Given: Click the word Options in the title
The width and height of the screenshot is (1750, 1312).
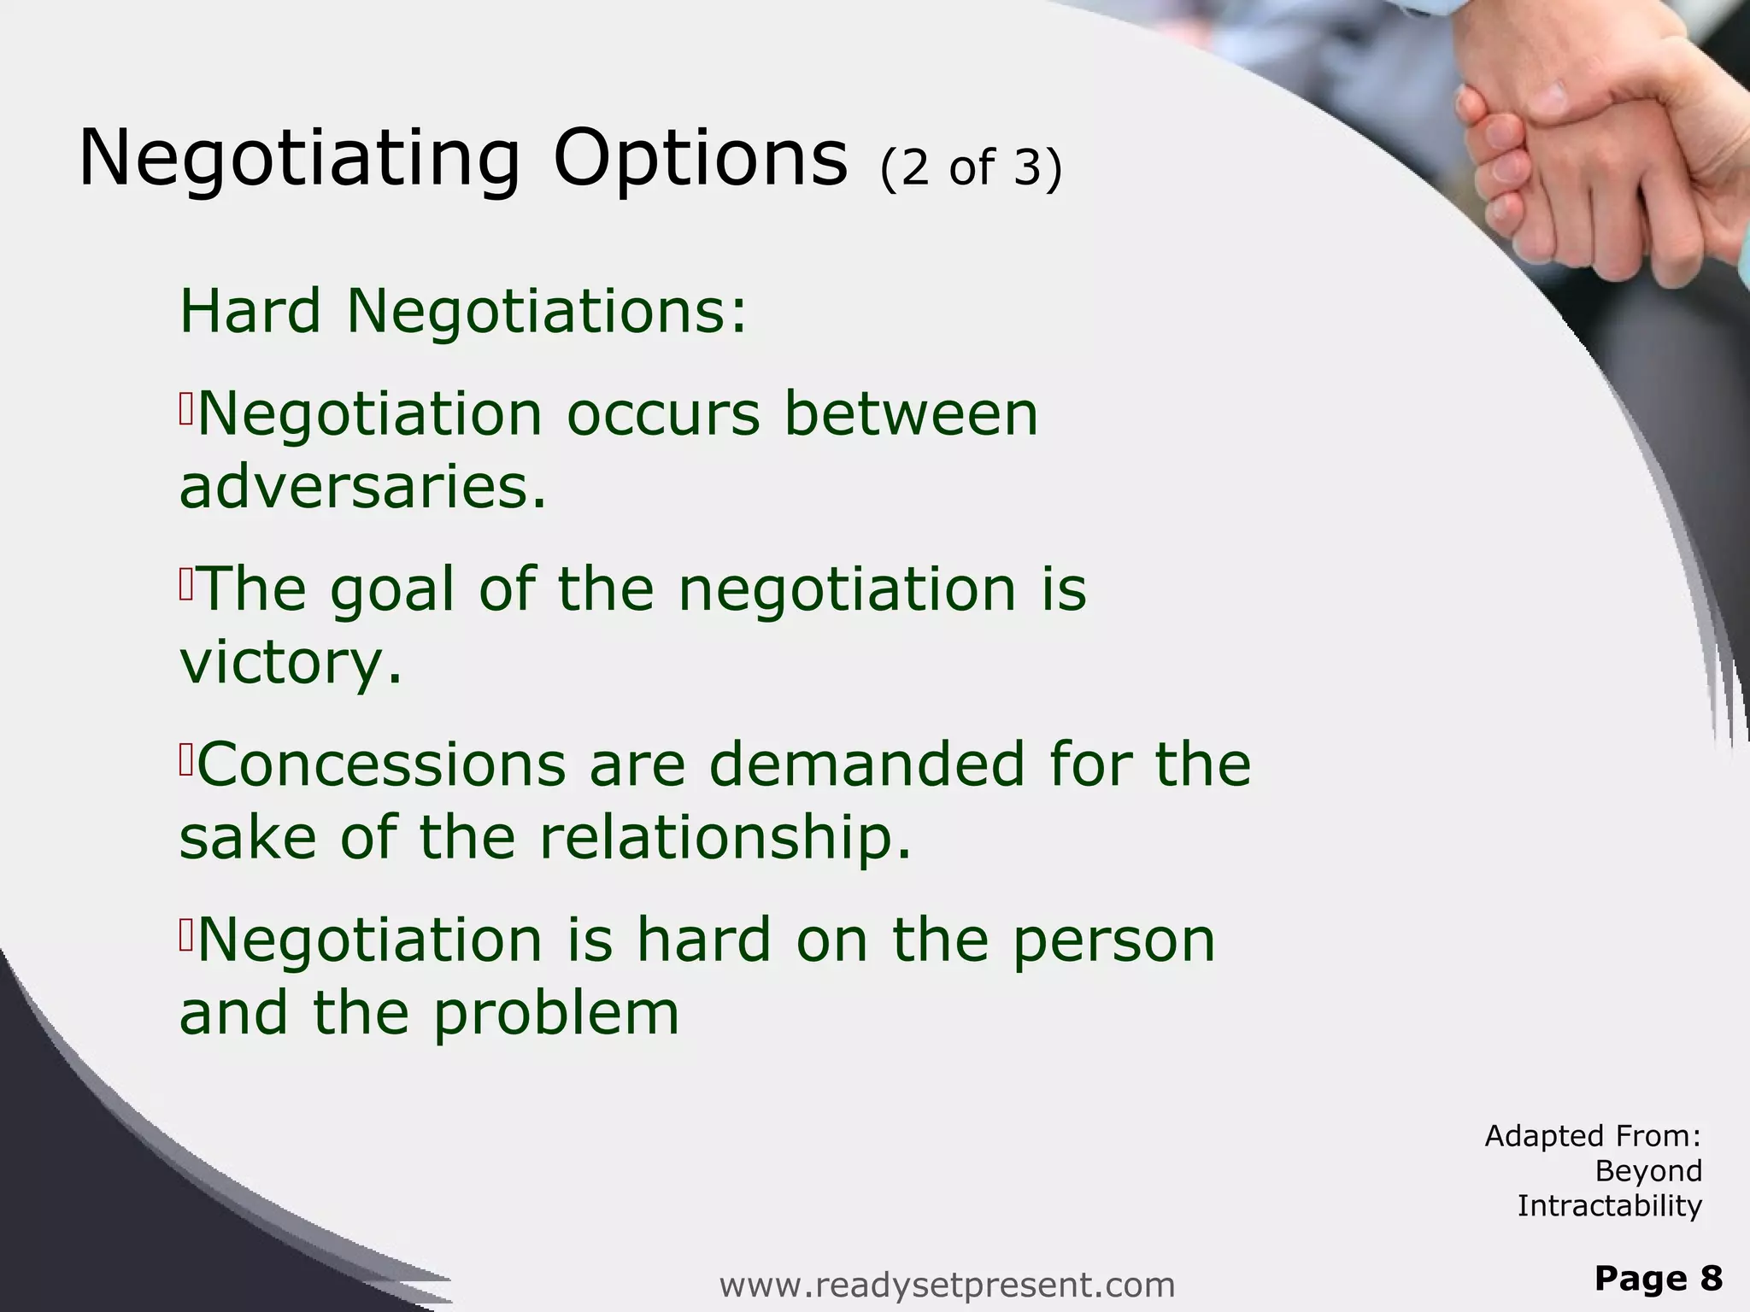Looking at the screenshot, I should tap(700, 160).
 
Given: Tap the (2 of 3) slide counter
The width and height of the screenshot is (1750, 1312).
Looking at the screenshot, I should tap(971, 167).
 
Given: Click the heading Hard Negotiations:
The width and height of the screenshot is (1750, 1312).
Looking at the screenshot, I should tap(463, 311).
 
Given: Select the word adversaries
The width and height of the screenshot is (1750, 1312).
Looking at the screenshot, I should tap(362, 487).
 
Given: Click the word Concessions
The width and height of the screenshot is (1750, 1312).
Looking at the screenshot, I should tap(381, 764).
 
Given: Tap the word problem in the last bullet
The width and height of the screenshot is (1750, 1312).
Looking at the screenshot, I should tap(555, 1014).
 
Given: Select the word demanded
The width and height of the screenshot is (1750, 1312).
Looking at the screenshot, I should tap(866, 764).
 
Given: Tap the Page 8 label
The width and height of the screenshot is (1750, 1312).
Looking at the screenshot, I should tap(1658, 1279).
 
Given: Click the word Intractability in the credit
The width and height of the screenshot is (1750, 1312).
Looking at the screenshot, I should tap(1610, 1206).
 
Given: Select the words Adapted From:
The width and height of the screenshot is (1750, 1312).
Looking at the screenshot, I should tap(1593, 1136).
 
